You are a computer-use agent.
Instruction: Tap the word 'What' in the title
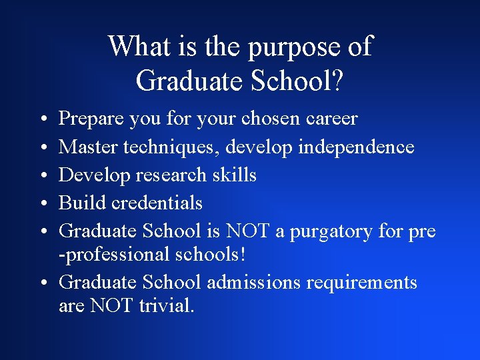137,47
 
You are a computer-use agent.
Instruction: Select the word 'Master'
87,147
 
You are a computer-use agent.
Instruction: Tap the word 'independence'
356,147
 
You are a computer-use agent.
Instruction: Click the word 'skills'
233,175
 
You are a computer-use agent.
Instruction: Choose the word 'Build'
79,203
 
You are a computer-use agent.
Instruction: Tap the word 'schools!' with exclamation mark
224,254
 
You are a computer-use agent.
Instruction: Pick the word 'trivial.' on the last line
167,306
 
